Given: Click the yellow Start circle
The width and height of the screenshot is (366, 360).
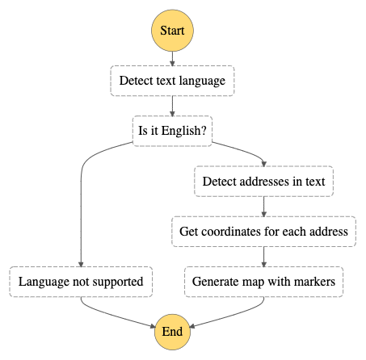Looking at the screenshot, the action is point(172,31).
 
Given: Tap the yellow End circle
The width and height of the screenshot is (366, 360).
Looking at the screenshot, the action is point(172,332).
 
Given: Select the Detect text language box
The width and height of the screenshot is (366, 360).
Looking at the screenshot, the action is point(172,81).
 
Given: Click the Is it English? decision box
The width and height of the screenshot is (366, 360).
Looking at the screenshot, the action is point(172,131).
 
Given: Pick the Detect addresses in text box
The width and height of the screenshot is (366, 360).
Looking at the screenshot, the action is point(264,181).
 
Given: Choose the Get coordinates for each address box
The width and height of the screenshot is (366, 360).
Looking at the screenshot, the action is point(264,232).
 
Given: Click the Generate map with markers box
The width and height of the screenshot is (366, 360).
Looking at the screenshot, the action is point(264,282).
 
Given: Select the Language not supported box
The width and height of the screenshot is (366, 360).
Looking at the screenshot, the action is point(81,282).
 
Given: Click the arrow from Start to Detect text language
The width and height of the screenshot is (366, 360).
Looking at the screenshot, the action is point(172,59).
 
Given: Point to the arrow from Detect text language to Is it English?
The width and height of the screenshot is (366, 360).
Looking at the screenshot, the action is point(172,106).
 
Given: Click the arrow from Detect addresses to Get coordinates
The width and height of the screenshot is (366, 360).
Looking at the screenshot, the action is point(264,207).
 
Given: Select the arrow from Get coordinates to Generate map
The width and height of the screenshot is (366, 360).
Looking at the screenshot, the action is point(264,257).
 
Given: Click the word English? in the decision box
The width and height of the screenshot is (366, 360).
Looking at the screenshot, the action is point(184,131).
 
